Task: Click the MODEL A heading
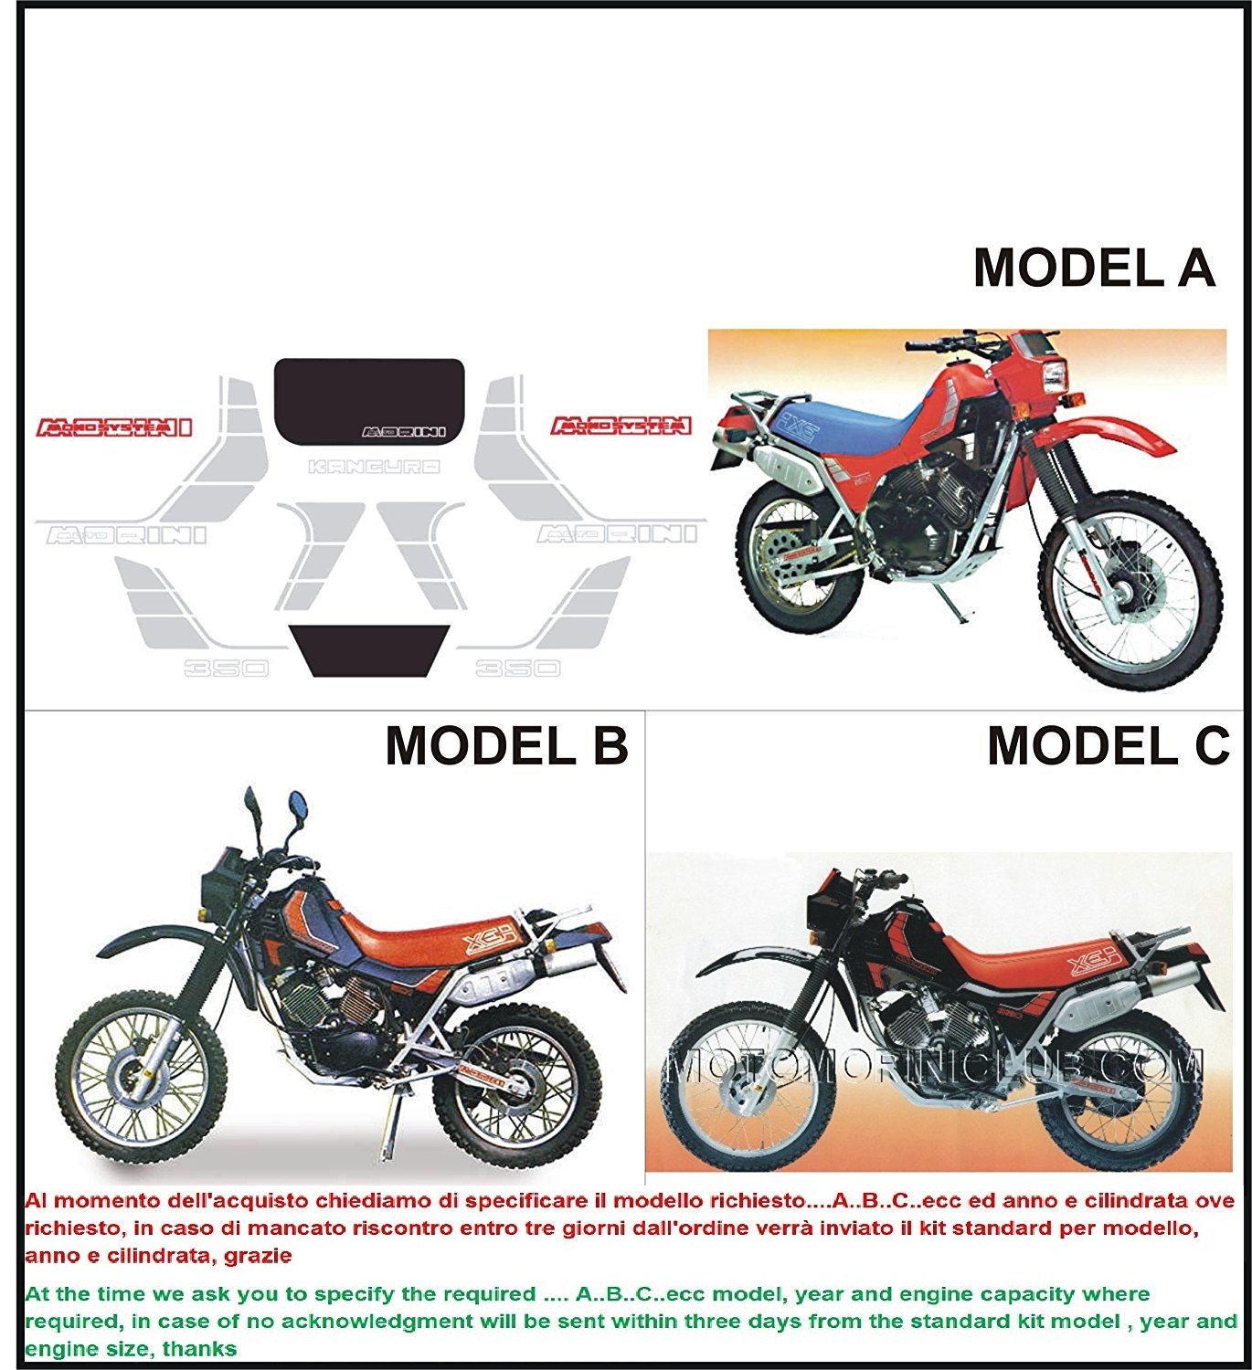[x=1094, y=268]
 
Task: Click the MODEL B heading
[x=506, y=746]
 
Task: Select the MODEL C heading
[x=1109, y=746]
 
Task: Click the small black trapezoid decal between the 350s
[x=369, y=649]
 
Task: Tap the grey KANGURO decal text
[x=375, y=467]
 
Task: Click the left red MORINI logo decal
[x=114, y=427]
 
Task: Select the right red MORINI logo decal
[x=621, y=425]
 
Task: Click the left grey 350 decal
[x=226, y=668]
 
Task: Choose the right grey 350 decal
[x=517, y=668]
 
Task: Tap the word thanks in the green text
[x=199, y=1349]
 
